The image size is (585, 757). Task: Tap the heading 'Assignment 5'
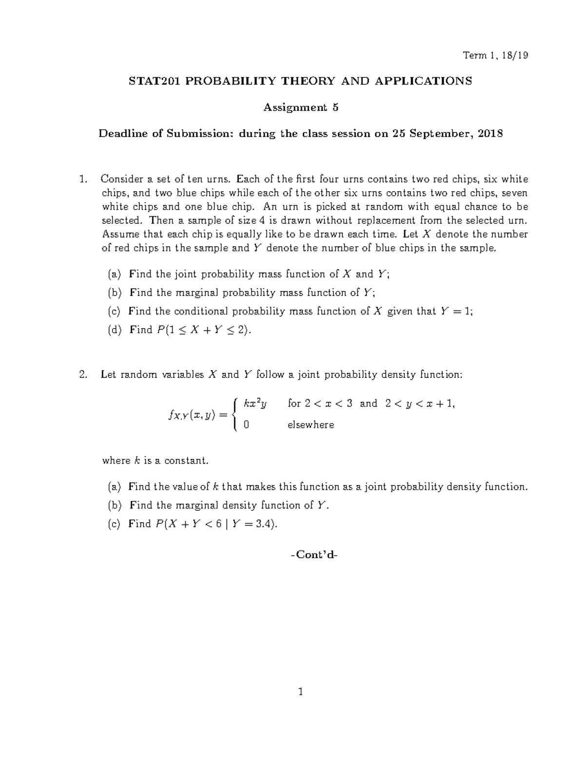click(x=300, y=108)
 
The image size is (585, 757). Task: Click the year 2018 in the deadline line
click(x=490, y=134)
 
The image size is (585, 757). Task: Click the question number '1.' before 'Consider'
click(x=82, y=179)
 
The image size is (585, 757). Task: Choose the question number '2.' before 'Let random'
click(x=82, y=375)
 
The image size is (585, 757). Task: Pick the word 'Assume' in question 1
click(x=118, y=234)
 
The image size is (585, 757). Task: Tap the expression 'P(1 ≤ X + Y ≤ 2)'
click(x=204, y=330)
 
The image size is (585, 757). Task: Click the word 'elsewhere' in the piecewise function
click(x=311, y=425)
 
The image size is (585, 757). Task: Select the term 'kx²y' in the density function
click(x=255, y=403)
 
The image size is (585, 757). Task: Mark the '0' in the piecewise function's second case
click(x=246, y=425)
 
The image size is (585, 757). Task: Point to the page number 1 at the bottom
click(x=301, y=691)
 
